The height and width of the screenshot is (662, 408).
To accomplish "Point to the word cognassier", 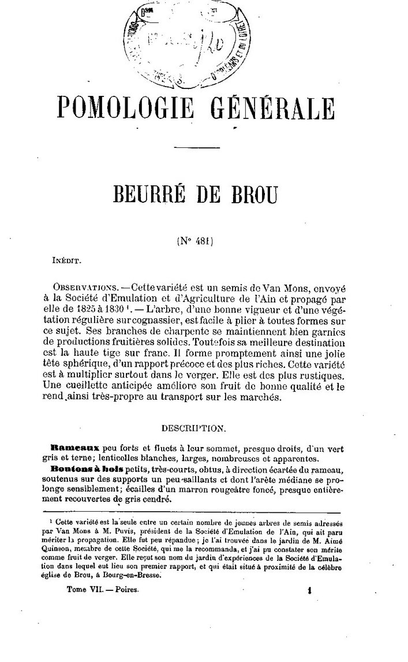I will pyautogui.click(x=180, y=320).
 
